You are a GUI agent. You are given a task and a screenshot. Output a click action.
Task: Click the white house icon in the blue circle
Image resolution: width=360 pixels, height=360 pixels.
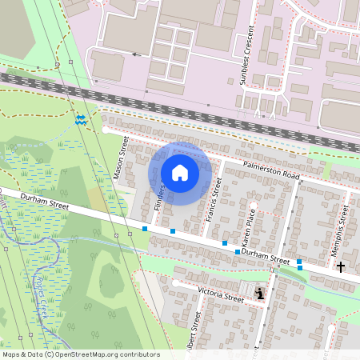180,173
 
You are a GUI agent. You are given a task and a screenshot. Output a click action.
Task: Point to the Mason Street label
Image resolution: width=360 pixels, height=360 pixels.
122,158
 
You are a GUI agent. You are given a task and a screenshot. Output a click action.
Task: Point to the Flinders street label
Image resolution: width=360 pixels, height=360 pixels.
158,199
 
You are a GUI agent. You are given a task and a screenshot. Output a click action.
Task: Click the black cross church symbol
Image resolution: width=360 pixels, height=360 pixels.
341,266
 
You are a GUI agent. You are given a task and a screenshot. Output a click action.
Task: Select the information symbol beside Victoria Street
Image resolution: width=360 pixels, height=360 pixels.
260,294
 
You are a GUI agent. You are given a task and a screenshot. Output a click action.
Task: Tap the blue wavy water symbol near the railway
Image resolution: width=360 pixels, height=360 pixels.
82,121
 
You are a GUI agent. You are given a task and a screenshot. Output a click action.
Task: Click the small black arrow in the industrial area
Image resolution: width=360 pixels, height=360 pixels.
135,55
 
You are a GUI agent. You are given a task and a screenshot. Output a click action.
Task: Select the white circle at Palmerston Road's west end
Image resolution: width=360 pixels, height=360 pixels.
106,129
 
